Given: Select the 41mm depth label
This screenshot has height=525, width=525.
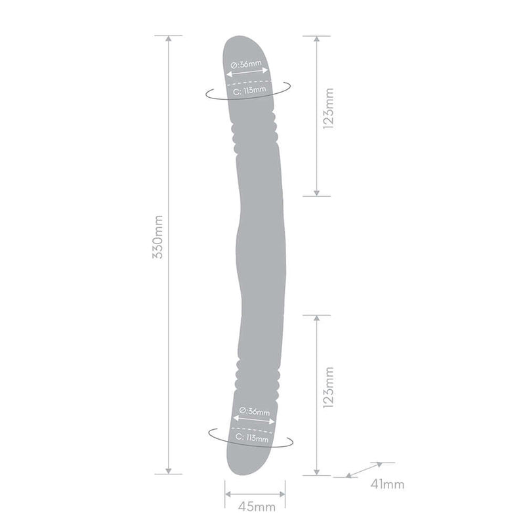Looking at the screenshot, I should [387, 485].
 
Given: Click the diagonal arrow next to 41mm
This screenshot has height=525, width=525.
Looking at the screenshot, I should [365, 469].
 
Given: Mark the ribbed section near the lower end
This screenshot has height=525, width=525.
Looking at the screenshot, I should [255, 374].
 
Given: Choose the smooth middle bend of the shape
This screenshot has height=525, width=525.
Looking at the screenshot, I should [261, 253].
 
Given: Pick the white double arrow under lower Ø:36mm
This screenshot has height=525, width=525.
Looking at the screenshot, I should [251, 420].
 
